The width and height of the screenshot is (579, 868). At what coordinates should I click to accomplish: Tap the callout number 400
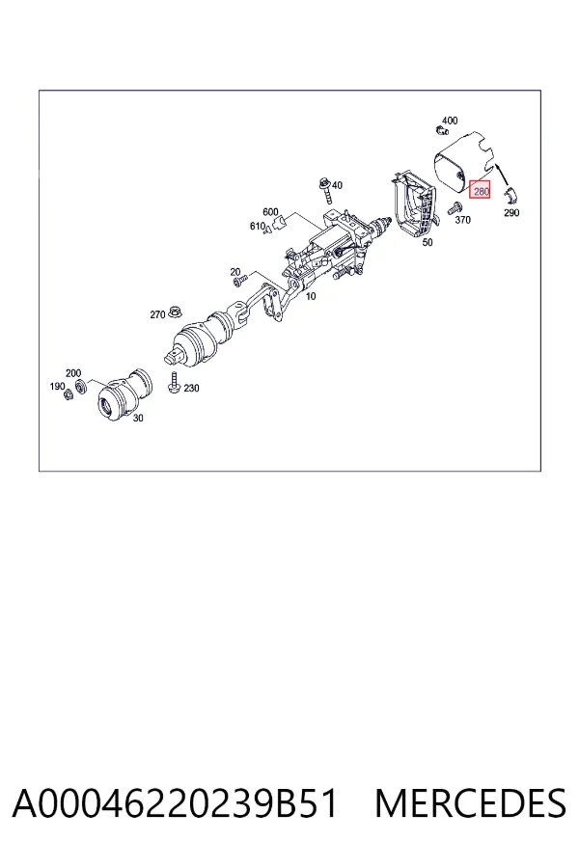click(x=450, y=121)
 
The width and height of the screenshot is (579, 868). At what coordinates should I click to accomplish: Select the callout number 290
click(x=511, y=212)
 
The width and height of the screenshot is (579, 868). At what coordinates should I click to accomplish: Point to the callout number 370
click(x=462, y=220)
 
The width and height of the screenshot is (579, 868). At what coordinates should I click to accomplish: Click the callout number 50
click(x=427, y=242)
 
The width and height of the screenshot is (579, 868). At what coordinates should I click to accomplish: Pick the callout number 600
click(x=270, y=212)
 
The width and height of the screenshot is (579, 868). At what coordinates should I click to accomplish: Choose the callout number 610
click(x=258, y=226)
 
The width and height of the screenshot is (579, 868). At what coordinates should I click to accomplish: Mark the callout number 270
click(x=157, y=314)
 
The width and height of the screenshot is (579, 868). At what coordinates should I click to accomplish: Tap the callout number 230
click(x=191, y=388)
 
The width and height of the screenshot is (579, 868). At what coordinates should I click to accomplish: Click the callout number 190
click(x=57, y=386)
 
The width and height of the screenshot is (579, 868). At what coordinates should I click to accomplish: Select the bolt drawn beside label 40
click(x=325, y=190)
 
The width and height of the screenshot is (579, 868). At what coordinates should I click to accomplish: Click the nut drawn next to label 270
click(x=177, y=312)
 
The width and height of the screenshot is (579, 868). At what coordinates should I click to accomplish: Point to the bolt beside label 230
click(x=174, y=383)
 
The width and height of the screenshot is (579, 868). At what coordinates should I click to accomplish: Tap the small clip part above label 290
click(x=511, y=196)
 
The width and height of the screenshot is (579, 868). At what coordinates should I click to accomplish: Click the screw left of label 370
click(x=455, y=208)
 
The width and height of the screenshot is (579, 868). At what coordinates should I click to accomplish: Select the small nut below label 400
click(x=442, y=130)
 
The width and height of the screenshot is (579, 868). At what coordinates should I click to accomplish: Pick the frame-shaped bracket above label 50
click(x=414, y=203)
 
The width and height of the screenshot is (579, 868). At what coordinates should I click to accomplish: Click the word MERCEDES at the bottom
click(x=470, y=803)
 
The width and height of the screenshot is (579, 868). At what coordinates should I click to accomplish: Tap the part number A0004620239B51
click(x=175, y=803)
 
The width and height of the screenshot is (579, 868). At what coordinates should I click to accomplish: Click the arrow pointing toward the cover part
click(x=503, y=175)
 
